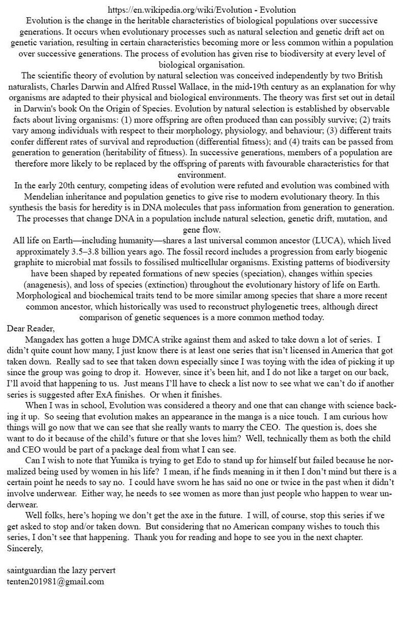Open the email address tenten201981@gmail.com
click(55, 581)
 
